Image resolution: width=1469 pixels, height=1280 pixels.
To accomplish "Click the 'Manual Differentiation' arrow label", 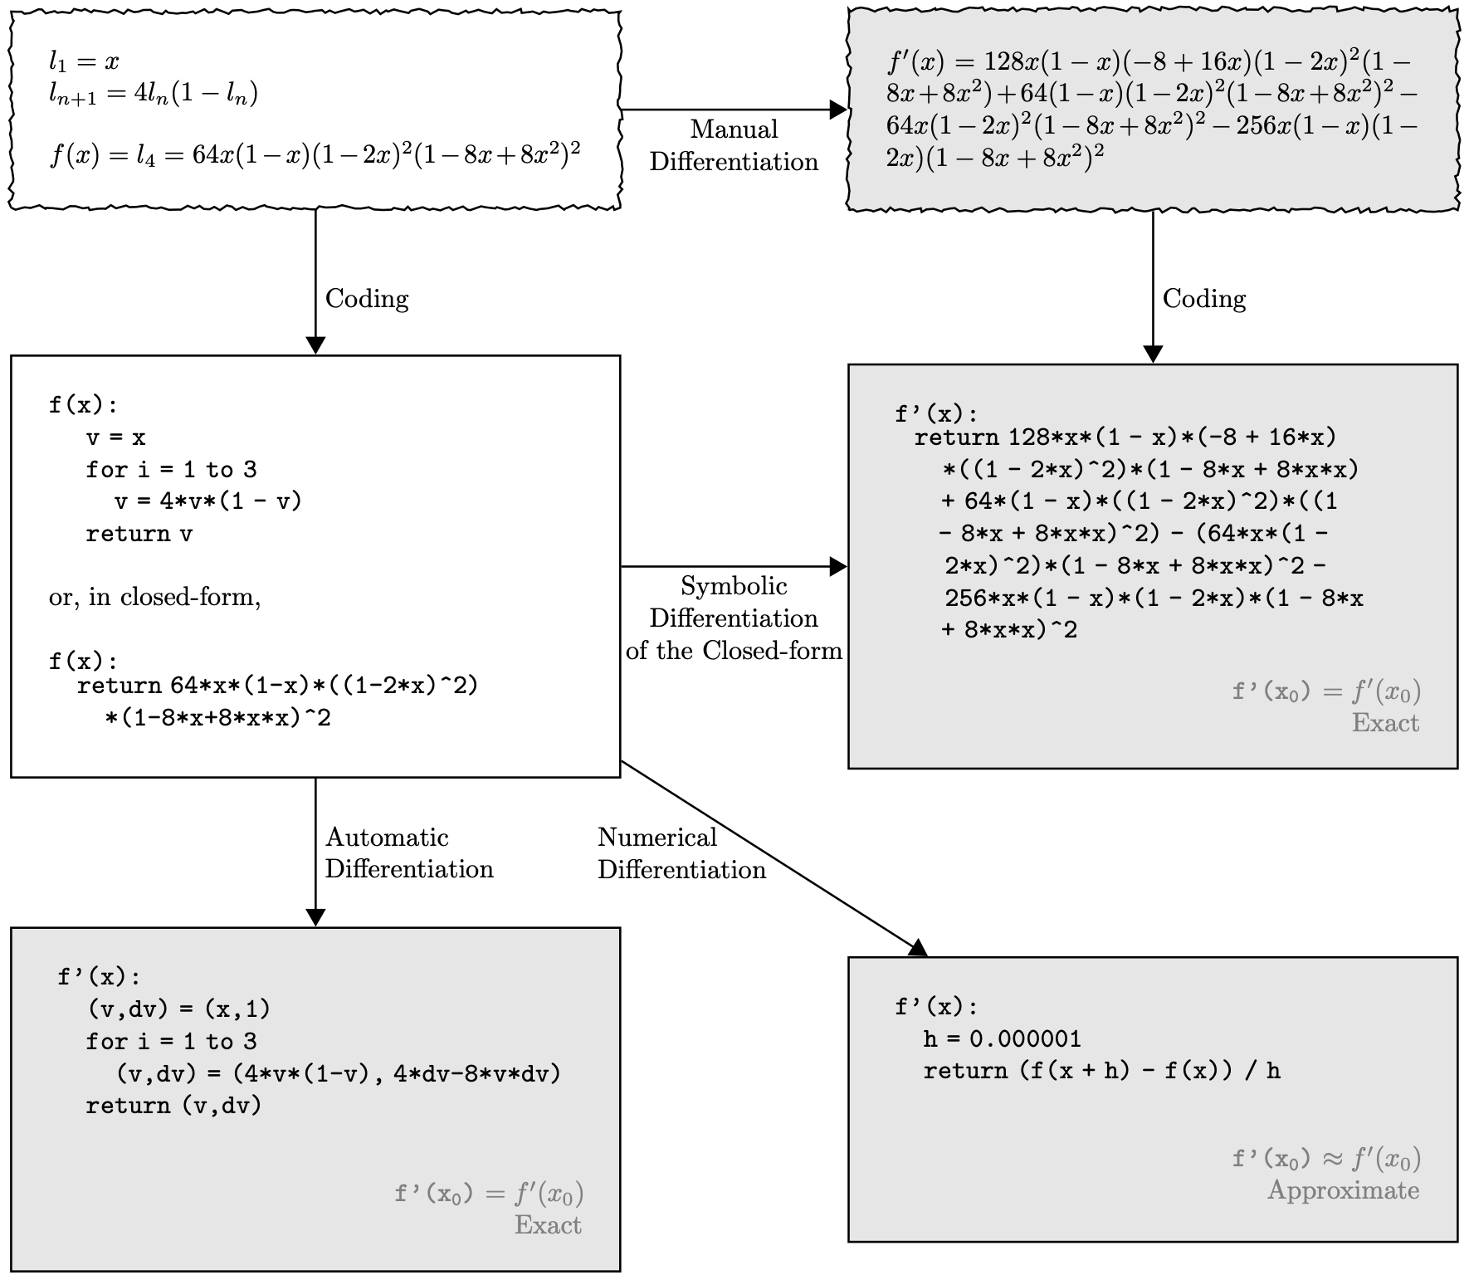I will pos(734,145).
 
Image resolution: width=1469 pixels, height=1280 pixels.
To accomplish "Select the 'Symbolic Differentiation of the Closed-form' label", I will pos(734,618).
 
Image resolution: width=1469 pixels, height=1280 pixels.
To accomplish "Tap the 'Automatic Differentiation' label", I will pos(408,853).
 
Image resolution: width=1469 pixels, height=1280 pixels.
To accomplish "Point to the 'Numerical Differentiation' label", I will pos(681,853).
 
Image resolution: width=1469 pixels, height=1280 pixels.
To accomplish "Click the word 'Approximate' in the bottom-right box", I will pos(1343,1190).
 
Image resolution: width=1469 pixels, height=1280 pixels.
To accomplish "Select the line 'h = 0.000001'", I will pos(1002,1039).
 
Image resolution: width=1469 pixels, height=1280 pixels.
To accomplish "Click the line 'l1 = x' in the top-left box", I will pos(84,61).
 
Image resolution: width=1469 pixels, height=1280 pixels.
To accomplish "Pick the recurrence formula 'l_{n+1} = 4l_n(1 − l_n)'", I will pos(154,94).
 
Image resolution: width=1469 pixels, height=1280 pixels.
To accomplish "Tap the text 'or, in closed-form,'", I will pos(154,598).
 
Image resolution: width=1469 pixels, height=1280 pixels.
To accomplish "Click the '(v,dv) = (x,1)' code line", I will pos(178,1009).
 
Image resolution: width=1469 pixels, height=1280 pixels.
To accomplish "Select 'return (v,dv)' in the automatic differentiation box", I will pos(173,1106).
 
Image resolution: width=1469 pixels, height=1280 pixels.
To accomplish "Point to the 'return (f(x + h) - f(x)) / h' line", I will pos(1101,1071).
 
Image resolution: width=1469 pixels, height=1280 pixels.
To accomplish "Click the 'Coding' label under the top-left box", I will pos(367,299).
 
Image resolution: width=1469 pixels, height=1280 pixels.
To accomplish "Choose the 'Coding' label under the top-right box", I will pos(1204,299).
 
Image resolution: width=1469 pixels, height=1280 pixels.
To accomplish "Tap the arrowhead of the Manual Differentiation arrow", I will pos(838,110).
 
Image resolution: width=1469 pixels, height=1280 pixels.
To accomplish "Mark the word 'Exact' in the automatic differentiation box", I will pos(548,1225).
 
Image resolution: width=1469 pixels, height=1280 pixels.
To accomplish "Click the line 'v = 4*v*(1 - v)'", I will pos(207,501).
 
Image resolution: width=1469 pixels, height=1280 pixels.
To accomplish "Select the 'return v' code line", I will pos(139,534).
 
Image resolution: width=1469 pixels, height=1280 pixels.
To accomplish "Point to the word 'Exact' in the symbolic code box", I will pos(1385,723).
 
